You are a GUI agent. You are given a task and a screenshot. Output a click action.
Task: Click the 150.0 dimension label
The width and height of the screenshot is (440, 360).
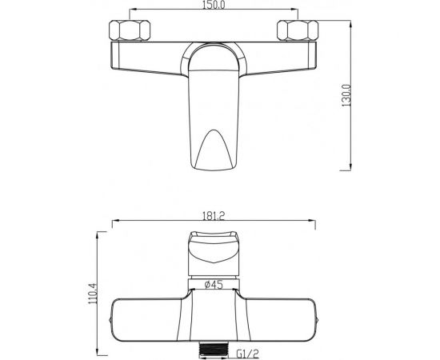214,5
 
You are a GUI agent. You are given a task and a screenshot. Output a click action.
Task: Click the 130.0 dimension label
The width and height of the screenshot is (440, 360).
346,95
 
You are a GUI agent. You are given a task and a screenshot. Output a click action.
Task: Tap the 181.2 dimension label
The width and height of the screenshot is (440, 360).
214,215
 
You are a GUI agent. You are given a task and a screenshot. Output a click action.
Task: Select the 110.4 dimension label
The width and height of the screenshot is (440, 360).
92,294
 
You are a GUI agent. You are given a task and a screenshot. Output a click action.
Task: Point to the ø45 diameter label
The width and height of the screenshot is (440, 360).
214,285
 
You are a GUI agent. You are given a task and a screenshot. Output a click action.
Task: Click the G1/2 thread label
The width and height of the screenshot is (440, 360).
248,353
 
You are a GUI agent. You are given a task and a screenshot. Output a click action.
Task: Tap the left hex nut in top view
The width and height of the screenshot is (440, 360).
130,30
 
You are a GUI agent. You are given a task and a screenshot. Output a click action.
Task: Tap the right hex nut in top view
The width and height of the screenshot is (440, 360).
298,30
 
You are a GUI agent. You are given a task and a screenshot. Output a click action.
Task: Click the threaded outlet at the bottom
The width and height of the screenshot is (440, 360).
214,350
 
